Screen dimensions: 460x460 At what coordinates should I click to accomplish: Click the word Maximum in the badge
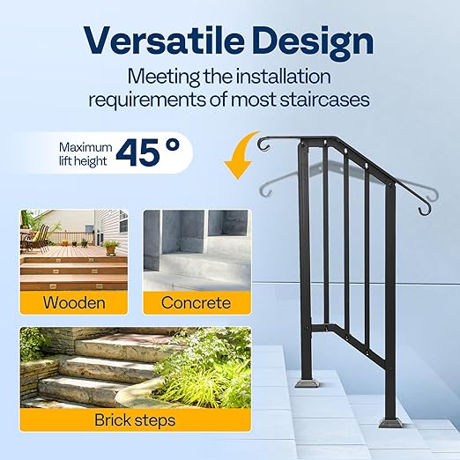coord(85,147)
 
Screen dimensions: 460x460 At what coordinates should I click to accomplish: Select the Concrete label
coord(196,303)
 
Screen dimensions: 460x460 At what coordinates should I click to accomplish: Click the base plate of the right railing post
coord(390,421)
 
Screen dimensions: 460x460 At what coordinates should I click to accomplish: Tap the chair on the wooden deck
coord(38,236)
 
